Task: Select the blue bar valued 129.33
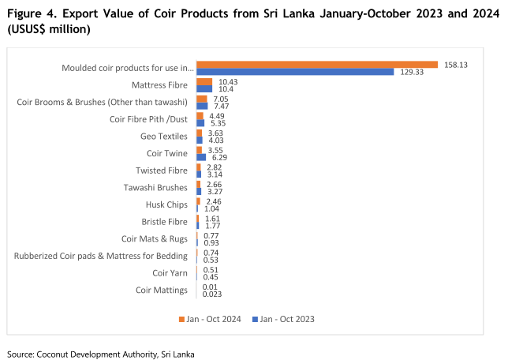295,72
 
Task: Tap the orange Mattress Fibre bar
204,81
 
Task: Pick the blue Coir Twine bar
201,157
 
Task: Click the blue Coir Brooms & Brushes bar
202,106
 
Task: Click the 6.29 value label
217,157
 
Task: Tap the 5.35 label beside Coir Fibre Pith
217,123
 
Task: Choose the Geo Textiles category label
163,136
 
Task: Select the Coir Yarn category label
170,273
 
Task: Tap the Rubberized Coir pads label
101,256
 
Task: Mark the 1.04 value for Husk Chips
211,208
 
